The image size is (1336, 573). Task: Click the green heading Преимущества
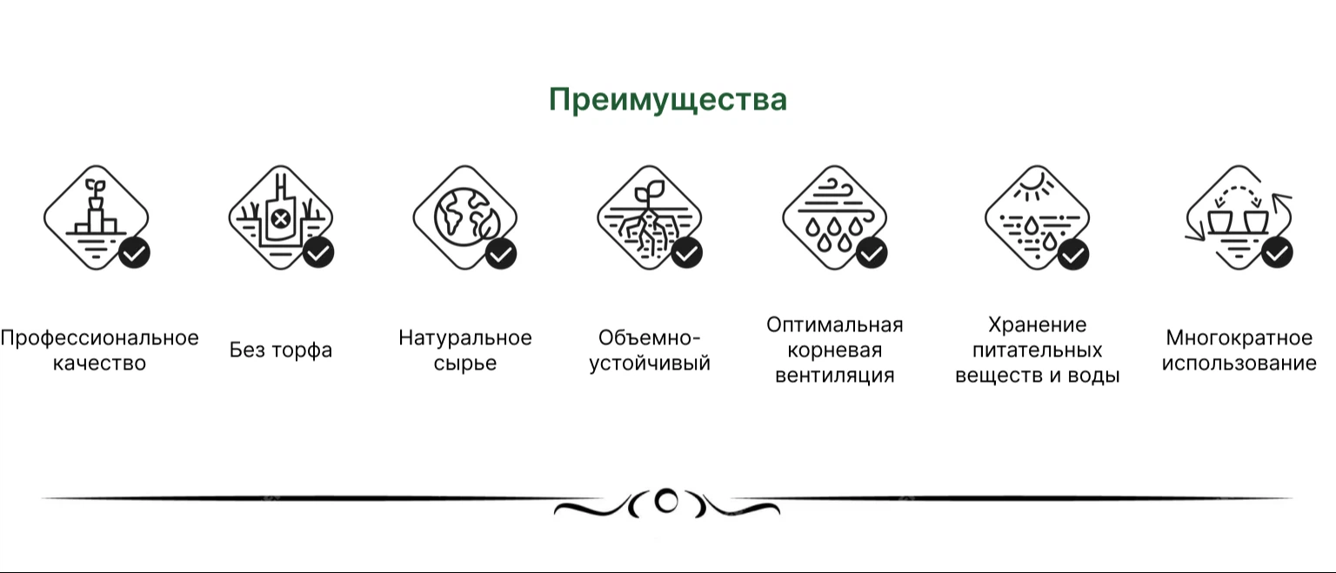click(x=667, y=100)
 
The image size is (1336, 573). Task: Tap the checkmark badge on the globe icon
click(x=501, y=254)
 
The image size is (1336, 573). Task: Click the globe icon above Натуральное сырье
click(x=465, y=217)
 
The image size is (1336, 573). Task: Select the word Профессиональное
click(x=100, y=339)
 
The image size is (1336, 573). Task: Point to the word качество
click(x=100, y=363)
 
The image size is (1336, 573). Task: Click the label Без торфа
click(x=281, y=350)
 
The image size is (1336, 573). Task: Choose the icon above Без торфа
click(x=281, y=217)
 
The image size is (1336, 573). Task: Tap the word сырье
click(x=465, y=363)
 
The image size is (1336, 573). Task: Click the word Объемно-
click(x=649, y=337)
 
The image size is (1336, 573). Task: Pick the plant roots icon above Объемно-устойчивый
click(x=650, y=217)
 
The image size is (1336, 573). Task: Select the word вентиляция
click(x=834, y=376)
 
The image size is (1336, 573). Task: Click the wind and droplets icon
click(x=834, y=217)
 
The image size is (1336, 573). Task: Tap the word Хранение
click(x=1037, y=325)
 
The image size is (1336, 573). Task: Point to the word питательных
click(x=1037, y=350)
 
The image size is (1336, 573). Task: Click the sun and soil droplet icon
click(x=1037, y=217)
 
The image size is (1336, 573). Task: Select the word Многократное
click(x=1239, y=338)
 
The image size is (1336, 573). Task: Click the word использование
click(x=1239, y=363)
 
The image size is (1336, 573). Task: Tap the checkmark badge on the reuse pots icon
click(x=1277, y=253)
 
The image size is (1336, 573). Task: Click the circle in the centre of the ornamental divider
click(x=666, y=501)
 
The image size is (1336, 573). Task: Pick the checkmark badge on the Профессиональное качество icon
click(x=134, y=253)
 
